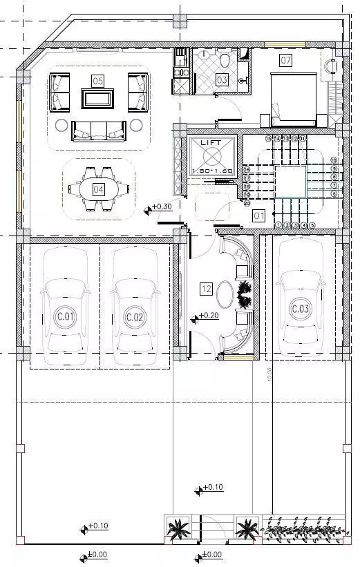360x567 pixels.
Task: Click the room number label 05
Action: (x=97, y=81)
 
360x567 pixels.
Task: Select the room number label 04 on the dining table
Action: (x=99, y=188)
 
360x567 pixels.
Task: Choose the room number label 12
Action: (x=205, y=289)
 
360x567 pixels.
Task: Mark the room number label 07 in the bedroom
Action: (x=285, y=60)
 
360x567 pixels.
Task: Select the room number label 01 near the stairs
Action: (x=259, y=215)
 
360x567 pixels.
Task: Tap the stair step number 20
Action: (x=247, y=203)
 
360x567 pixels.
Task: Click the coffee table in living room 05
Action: (x=97, y=98)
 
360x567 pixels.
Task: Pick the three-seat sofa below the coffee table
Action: (x=99, y=128)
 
